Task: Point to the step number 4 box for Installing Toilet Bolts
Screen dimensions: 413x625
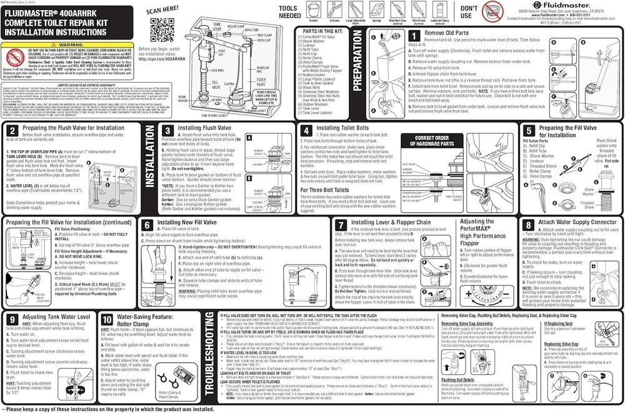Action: (306, 131)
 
